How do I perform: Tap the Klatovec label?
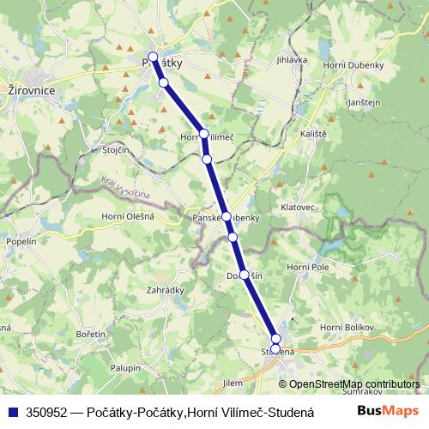click(299, 208)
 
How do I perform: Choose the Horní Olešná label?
click(128, 216)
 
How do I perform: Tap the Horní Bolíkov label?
click(343, 329)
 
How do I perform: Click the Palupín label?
click(125, 367)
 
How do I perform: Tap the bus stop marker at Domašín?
click(245, 275)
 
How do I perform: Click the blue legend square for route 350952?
click(11, 411)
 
